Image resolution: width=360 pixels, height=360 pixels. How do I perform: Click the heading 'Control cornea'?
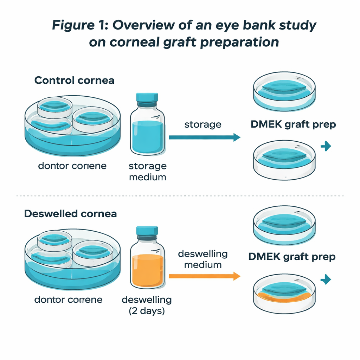point(74,80)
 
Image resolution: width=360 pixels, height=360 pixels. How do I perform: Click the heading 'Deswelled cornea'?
point(70,213)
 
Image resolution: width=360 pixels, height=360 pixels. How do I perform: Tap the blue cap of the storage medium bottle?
point(147,97)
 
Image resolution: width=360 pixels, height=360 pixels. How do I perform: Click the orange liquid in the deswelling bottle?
point(147,270)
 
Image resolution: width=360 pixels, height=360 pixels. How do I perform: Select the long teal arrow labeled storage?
point(204,137)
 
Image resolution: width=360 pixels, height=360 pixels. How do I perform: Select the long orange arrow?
point(204,276)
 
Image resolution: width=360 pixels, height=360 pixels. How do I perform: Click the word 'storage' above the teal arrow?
point(203,124)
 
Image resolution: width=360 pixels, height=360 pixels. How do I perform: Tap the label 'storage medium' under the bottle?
point(147,171)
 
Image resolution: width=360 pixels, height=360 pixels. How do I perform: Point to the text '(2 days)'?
point(147,311)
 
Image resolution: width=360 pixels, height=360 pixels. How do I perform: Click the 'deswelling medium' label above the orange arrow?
point(203,259)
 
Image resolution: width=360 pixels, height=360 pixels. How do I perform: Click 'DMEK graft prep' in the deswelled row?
point(292,257)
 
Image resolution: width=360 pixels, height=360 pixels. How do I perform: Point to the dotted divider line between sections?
point(180,195)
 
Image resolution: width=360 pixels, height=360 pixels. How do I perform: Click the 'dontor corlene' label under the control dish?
point(72,166)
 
